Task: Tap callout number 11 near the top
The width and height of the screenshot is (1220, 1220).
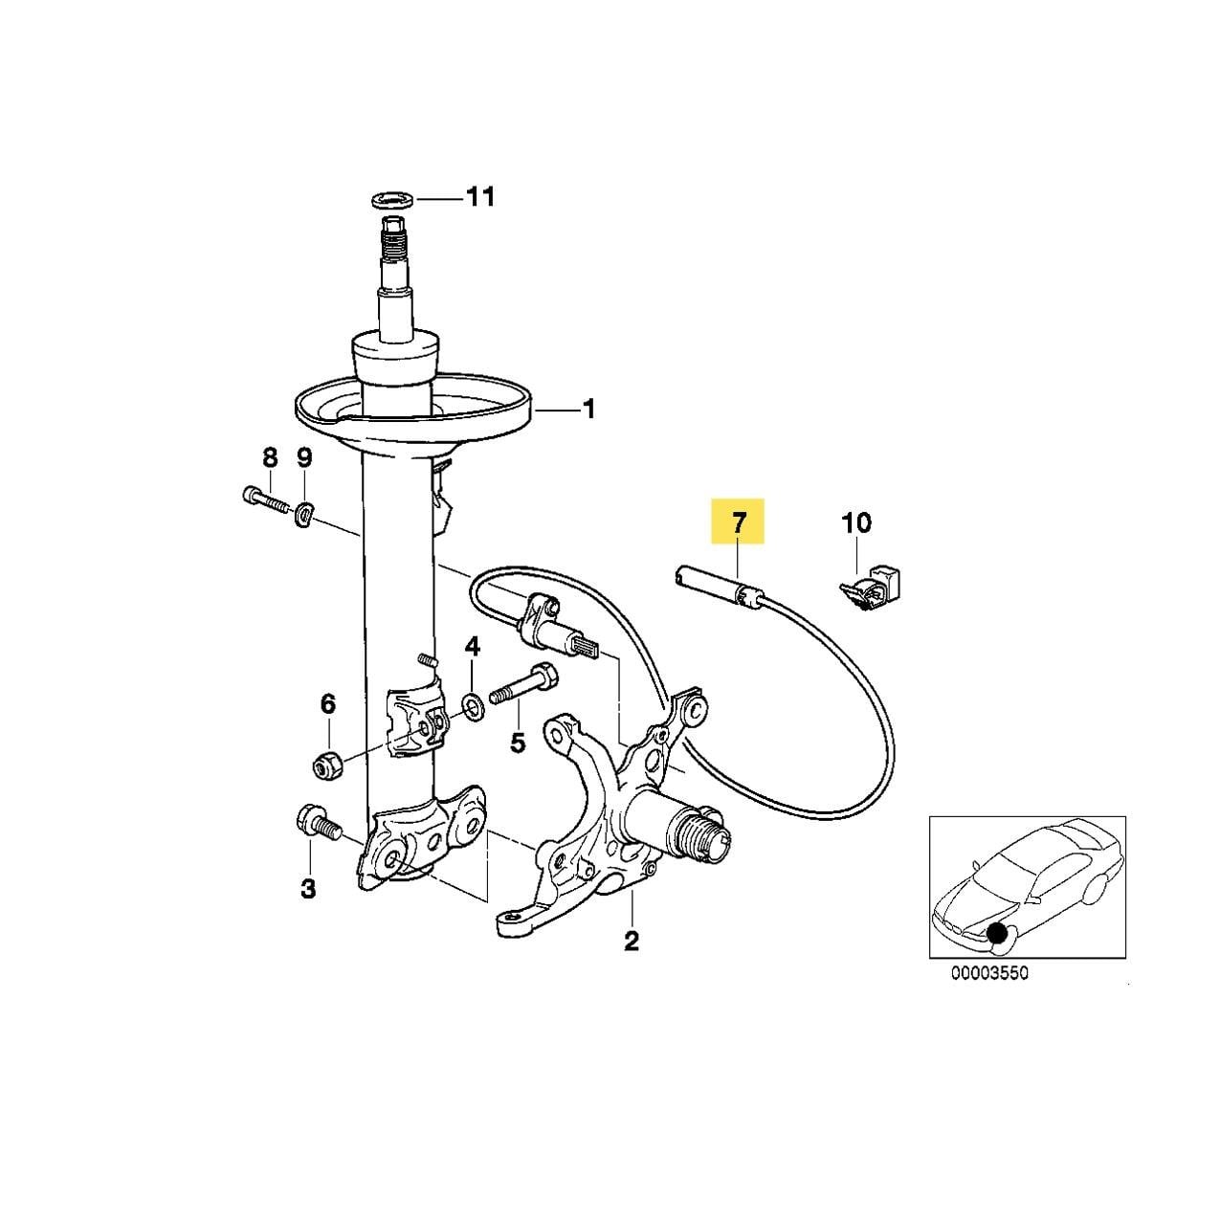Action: pos(480,197)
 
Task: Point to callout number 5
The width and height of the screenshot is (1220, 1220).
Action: pos(518,742)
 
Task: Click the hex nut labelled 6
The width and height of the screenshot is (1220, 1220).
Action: pos(329,767)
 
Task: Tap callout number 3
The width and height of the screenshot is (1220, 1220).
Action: pos(308,890)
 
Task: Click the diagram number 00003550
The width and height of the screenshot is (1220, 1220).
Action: pos(989,989)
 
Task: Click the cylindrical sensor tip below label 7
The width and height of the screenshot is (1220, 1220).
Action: pos(712,584)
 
